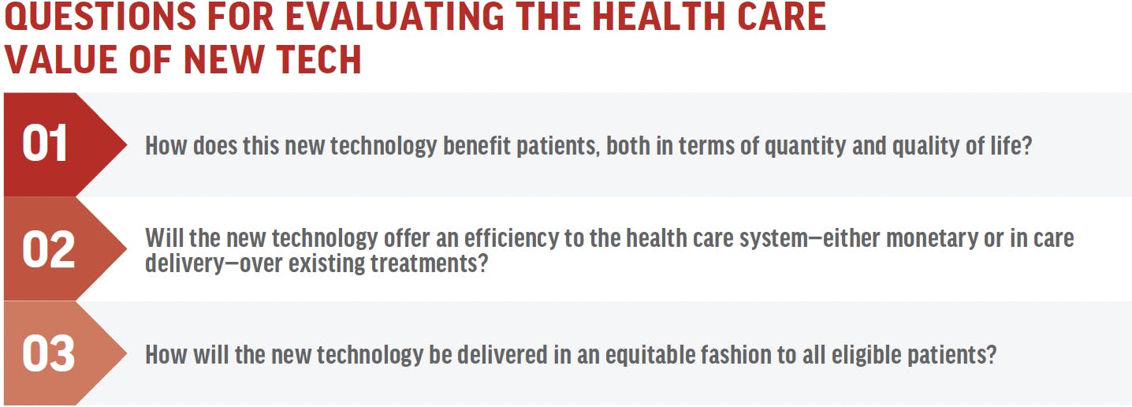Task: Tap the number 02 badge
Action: (49, 249)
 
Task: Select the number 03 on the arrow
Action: (49, 353)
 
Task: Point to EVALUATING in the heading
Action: (395, 17)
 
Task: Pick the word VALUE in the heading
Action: (62, 59)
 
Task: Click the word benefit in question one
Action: (477, 146)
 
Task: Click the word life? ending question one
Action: (1011, 146)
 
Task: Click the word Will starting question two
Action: (164, 237)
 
